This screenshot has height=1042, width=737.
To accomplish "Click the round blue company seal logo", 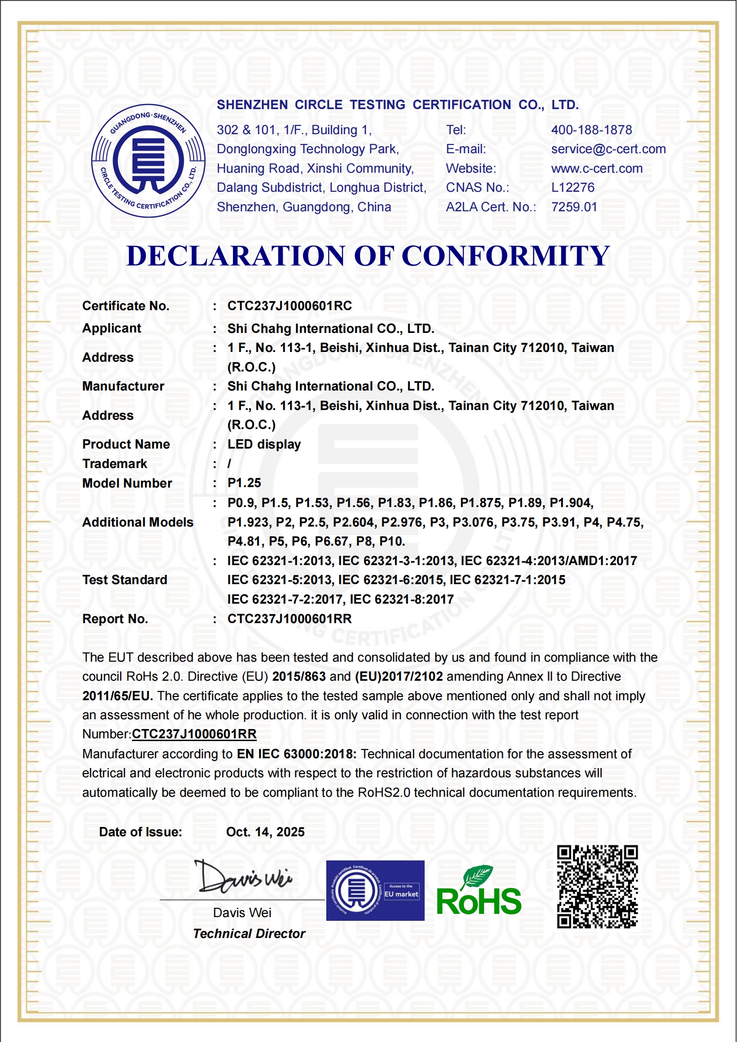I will coord(148,160).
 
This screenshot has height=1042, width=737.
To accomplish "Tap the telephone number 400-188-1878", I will coord(591,130).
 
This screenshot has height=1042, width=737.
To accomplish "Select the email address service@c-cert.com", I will coord(608,149).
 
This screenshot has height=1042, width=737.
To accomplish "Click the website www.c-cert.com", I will coord(596,169).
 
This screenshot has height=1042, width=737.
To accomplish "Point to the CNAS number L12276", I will coord(572,188).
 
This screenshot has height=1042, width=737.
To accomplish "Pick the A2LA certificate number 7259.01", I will coord(574,207).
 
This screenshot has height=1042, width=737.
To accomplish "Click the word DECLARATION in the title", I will coord(236,256).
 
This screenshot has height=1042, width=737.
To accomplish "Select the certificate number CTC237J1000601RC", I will coord(289,306).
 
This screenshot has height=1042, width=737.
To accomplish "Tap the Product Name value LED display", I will coord(264,444).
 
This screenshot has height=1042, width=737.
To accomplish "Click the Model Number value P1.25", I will coord(244,483).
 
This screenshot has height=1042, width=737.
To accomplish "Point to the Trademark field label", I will coord(115,464).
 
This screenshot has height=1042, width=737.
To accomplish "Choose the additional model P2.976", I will coord(401,522).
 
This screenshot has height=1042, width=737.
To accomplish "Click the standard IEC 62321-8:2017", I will coord(401,599).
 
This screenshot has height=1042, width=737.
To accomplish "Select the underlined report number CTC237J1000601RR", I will coord(194,734).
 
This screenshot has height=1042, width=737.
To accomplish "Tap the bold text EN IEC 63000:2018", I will coord(297,754).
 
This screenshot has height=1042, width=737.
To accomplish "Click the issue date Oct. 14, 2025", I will coord(265,832).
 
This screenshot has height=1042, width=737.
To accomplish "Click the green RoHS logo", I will coord(478,892).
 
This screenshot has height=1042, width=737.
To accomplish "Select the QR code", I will coord(597,886).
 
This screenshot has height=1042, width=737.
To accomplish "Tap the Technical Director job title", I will coord(249,934).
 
